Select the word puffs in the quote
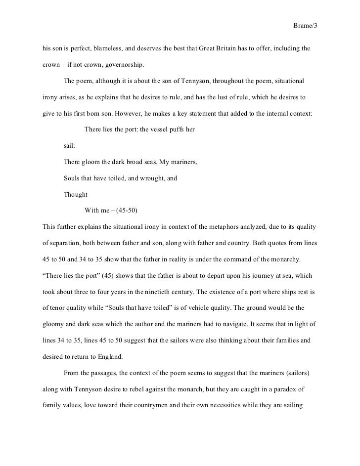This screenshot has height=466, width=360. point(174,130)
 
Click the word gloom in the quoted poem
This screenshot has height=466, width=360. point(90,162)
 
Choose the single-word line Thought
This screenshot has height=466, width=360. point(76,194)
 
